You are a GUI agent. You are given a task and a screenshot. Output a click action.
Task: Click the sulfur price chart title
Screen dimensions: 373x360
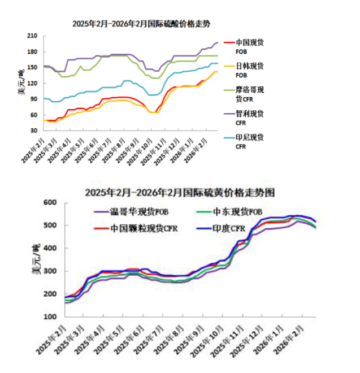point(180,192)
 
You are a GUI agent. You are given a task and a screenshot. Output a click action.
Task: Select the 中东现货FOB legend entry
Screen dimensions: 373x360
point(238,212)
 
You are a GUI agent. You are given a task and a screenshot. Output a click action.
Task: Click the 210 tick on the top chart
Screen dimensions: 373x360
point(32,36)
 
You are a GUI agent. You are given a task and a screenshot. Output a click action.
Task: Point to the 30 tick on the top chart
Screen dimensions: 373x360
point(34,130)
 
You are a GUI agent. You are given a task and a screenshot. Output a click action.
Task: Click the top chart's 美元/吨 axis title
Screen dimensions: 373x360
point(21,82)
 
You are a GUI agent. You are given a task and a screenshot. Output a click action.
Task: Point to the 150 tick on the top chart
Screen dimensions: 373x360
point(32,67)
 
